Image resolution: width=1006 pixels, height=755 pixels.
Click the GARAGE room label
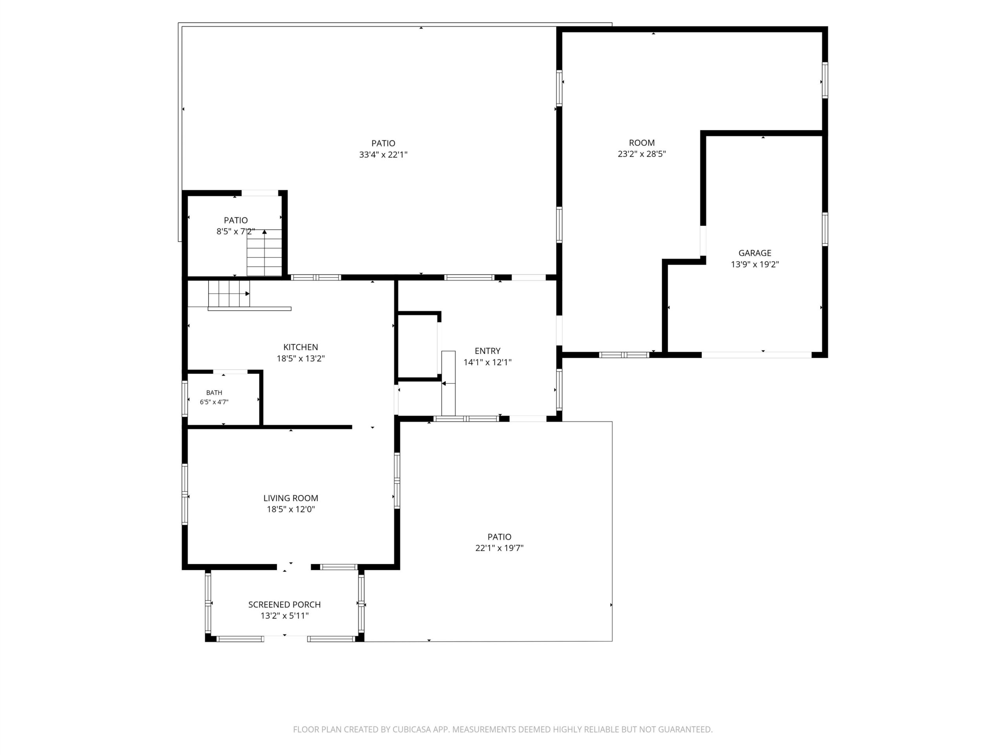(x=754, y=253)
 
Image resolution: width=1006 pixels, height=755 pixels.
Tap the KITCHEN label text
(x=301, y=347)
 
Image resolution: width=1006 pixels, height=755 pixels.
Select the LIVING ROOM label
(x=291, y=498)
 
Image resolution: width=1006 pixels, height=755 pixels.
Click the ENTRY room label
(x=488, y=351)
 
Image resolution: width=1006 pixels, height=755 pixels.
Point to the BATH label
(x=214, y=393)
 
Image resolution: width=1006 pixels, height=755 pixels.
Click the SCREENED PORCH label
(x=284, y=604)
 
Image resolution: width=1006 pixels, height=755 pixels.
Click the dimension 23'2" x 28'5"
(x=641, y=154)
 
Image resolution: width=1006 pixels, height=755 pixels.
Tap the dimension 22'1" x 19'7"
(x=499, y=548)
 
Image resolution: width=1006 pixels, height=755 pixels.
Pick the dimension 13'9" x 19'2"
(x=754, y=264)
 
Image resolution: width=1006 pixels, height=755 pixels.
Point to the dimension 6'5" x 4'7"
(x=214, y=402)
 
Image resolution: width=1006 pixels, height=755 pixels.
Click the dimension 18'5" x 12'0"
(x=291, y=509)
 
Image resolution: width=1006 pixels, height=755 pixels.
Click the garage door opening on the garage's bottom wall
(x=756, y=355)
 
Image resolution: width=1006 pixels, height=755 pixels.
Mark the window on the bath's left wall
(x=185, y=399)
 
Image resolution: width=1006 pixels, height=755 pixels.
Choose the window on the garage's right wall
(x=824, y=229)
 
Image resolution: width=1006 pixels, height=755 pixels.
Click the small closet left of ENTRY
(x=419, y=346)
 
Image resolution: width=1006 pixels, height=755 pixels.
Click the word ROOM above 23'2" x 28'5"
(x=641, y=142)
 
